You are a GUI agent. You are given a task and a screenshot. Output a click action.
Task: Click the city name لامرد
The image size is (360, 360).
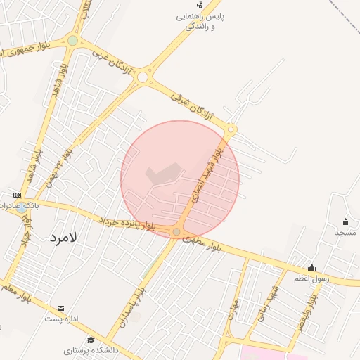[63, 238]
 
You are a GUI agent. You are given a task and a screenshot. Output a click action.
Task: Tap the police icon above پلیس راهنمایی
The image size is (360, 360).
[200, 5]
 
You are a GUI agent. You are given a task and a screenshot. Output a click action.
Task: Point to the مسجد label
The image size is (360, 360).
[345, 232]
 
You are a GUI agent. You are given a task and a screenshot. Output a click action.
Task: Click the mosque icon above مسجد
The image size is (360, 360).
[345, 222]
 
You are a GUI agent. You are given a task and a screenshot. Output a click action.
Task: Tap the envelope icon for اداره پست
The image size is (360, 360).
[60, 309]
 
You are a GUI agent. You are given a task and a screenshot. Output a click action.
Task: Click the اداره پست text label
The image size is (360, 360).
[58, 319]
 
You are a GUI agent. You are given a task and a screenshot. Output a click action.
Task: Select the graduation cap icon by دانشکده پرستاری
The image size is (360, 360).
[91, 340]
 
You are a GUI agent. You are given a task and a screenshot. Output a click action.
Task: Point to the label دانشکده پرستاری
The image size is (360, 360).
[91, 349]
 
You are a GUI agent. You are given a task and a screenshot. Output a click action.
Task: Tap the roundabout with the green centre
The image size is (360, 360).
[73, 41]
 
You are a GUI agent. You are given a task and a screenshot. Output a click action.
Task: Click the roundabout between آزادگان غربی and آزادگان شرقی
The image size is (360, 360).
[143, 77]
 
